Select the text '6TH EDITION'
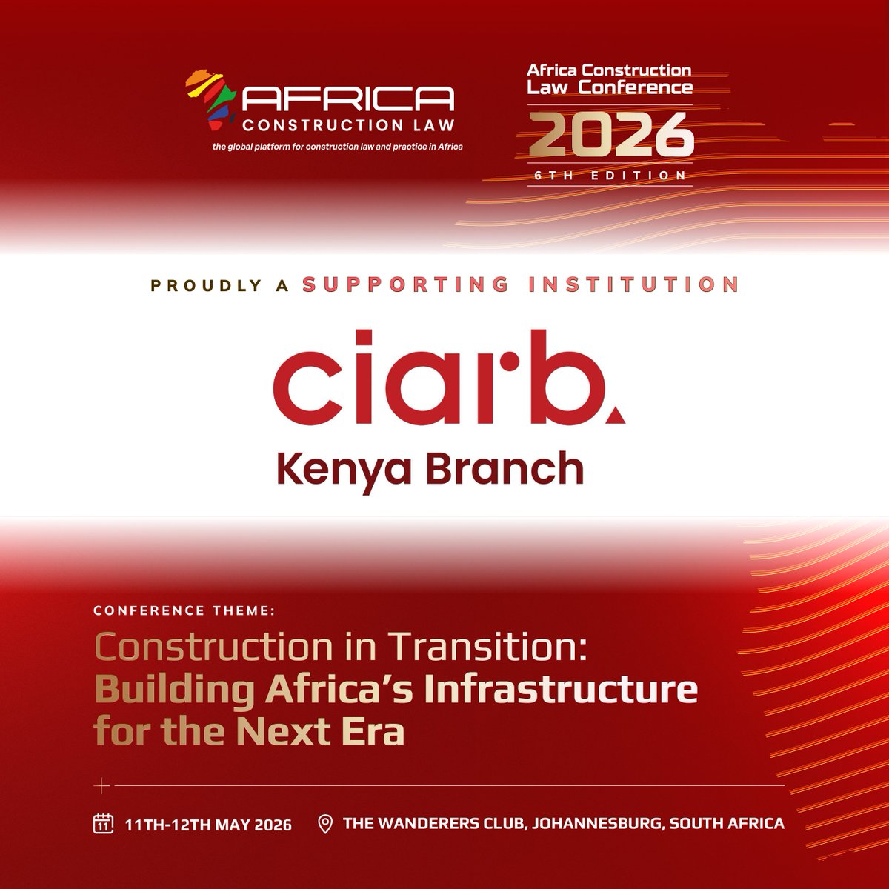(x=610, y=176)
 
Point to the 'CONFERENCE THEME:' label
(x=184, y=611)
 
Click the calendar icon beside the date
(x=102, y=823)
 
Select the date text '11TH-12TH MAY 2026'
(x=208, y=824)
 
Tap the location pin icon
(x=324, y=823)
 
